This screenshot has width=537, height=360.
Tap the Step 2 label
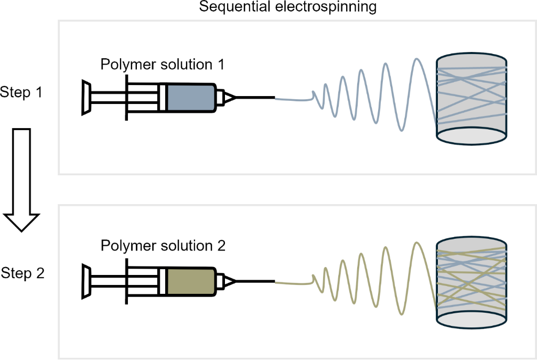tap(23, 273)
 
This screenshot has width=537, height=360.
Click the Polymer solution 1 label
tap(163, 65)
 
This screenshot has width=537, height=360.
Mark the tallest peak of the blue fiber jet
tap(417, 59)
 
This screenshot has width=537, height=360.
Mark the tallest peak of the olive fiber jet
tap(417, 243)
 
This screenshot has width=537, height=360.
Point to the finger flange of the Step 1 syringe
tap(126, 98)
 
